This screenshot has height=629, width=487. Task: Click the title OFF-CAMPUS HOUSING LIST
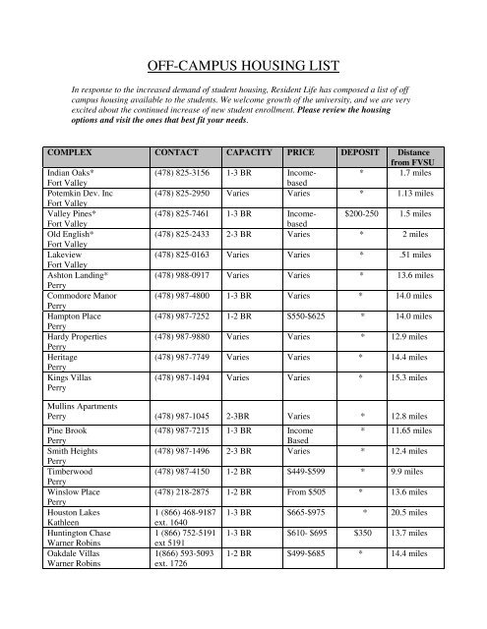click(x=243, y=67)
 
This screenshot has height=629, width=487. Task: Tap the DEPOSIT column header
click(x=363, y=154)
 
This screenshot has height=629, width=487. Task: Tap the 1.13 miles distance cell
click(x=422, y=192)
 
